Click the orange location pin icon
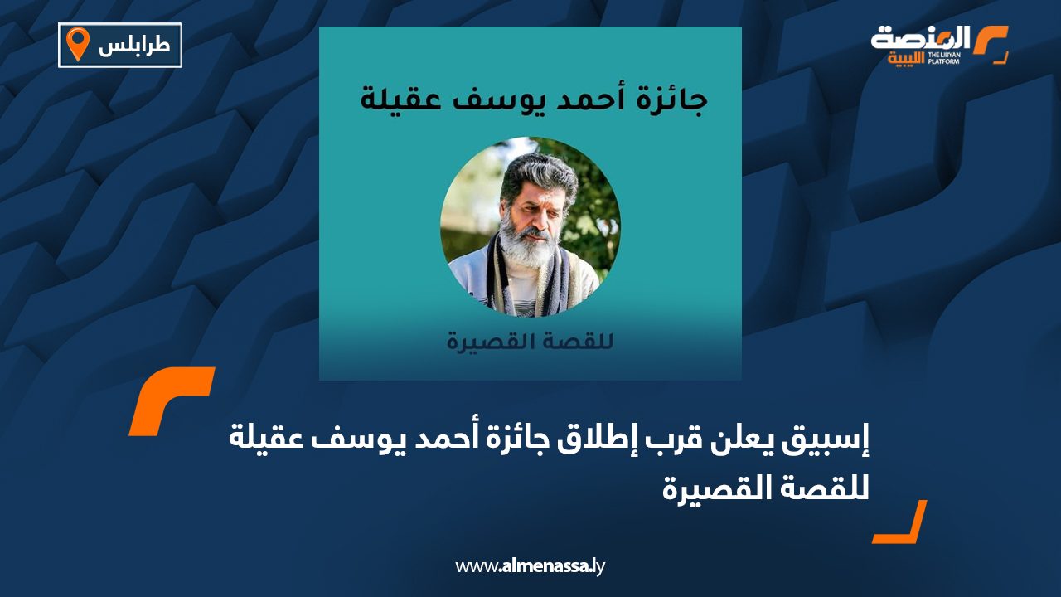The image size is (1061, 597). pos(77,44)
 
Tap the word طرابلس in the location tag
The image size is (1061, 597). pos(134,46)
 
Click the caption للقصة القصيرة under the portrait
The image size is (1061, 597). pos(530,341)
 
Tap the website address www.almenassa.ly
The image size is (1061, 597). pos(530,566)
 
